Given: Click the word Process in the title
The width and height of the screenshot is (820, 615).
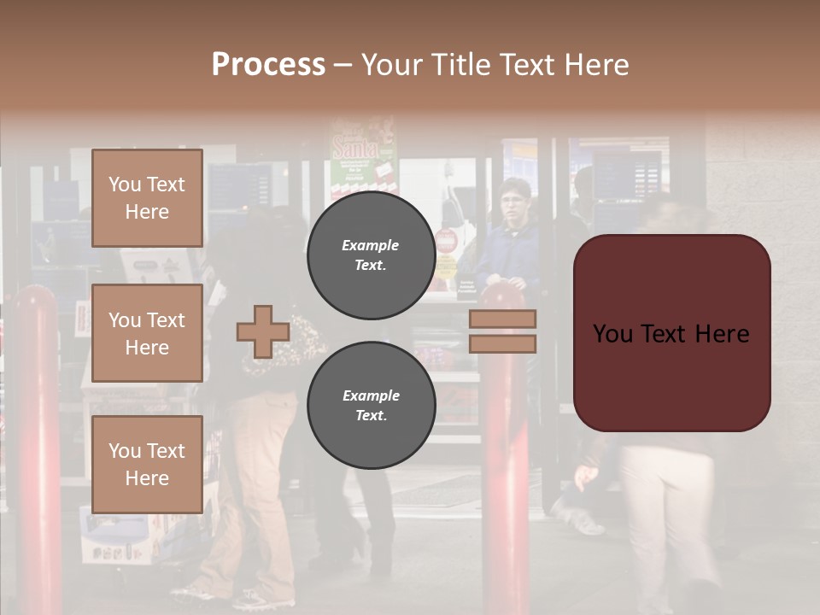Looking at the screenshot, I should point(268,65).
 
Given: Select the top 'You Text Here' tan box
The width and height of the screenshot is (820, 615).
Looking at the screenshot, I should point(147,198).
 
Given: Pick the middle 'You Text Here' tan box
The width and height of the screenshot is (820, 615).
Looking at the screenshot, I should point(147,333).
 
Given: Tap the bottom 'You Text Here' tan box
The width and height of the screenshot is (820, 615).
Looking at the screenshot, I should point(147,464).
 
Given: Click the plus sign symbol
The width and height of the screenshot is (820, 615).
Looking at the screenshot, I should point(263,331).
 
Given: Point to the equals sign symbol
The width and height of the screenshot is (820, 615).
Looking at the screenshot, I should point(502,331).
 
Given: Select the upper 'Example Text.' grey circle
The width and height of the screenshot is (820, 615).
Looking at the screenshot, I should point(372,255).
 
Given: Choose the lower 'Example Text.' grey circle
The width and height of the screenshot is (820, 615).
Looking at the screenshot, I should point(372,406).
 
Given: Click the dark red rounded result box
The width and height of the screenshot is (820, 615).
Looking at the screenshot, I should point(671,333).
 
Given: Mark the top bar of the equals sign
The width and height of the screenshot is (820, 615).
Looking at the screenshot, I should point(502,319).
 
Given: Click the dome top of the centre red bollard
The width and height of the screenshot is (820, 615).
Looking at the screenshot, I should point(503,295).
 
